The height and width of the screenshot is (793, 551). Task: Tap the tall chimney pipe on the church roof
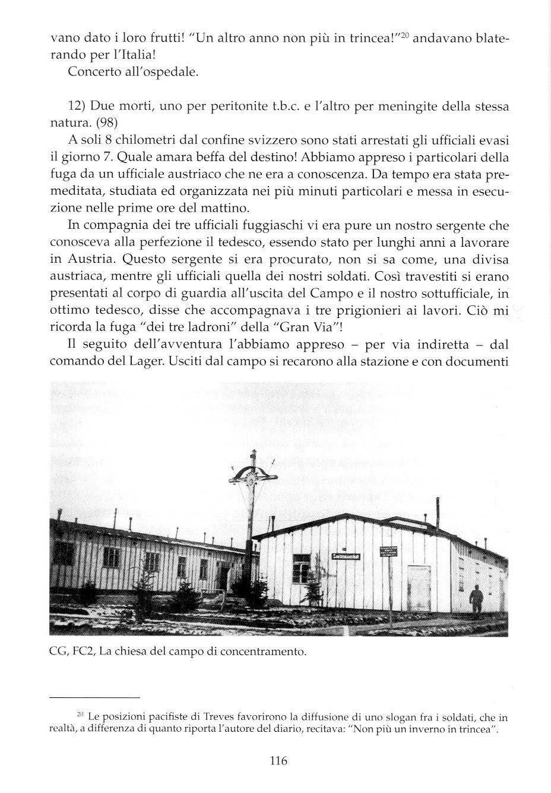tap(436, 508)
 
